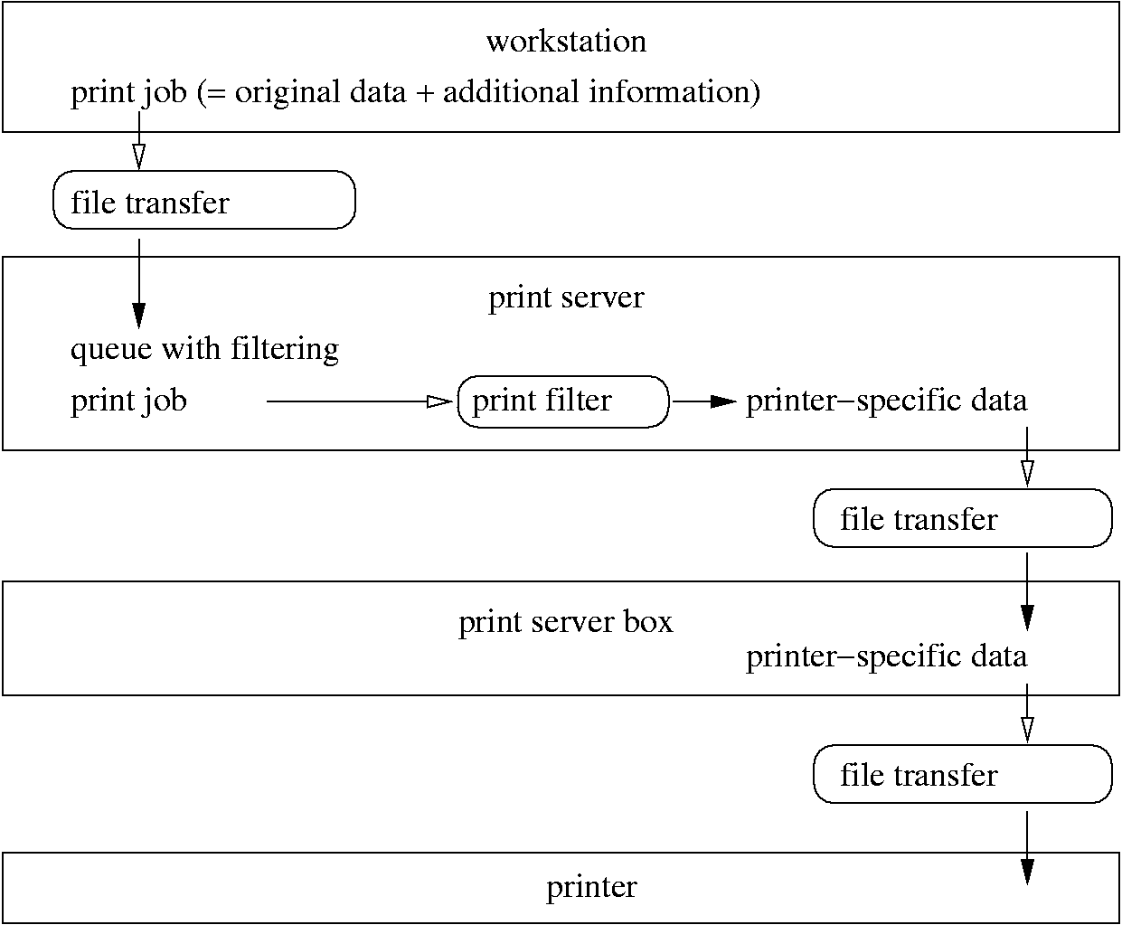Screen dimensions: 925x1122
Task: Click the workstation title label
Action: point(566,42)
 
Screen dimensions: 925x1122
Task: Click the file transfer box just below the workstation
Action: point(203,201)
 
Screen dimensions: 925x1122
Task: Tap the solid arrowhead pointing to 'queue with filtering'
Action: point(138,314)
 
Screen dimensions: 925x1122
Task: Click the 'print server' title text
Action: point(566,297)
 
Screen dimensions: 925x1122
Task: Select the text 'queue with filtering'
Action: point(204,349)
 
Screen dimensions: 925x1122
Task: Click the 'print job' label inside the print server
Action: point(128,401)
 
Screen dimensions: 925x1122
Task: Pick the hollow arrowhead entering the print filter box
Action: point(438,401)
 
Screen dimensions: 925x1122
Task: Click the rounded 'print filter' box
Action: point(562,401)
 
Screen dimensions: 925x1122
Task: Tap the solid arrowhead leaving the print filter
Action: point(723,401)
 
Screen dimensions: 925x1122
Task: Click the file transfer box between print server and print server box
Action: point(962,519)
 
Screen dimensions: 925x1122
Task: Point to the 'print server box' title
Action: point(566,623)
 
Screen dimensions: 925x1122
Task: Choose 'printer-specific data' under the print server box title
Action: point(886,656)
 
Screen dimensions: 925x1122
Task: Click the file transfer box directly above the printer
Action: point(962,775)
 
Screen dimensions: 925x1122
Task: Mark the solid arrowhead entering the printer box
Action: point(1027,871)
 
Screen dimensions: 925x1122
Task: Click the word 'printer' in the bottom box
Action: point(591,887)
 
